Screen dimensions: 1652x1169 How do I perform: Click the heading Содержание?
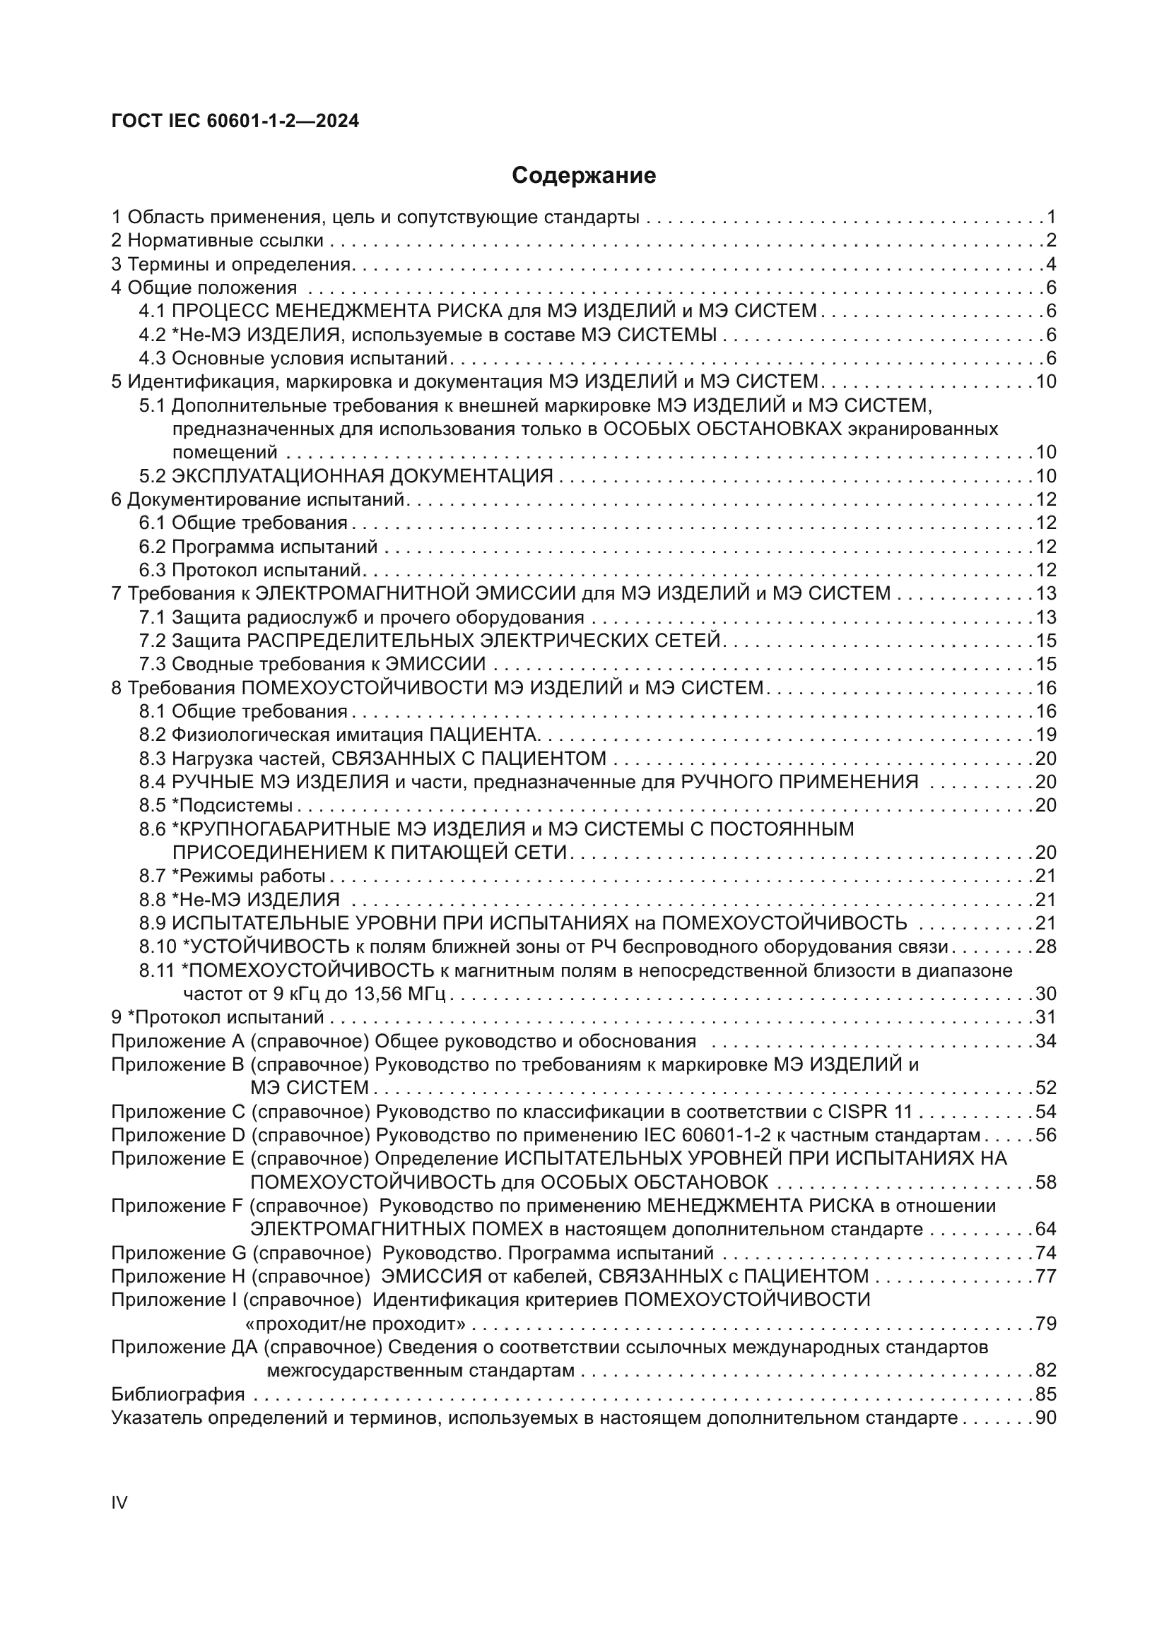[x=584, y=176]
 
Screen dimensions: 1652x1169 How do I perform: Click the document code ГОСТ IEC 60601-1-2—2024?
[x=235, y=121]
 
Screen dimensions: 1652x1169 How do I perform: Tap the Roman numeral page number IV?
[x=119, y=1502]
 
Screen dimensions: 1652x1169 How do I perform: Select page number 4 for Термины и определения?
[x=1051, y=264]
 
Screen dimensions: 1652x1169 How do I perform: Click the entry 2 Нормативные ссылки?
[x=218, y=240]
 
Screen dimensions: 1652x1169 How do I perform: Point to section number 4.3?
[x=153, y=358]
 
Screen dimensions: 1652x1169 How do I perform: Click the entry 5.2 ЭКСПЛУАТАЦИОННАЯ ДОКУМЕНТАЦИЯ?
[x=346, y=476]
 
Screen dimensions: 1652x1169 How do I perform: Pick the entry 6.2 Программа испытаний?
[x=259, y=547]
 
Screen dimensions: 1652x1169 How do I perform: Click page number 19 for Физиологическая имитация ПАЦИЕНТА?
[x=1046, y=735]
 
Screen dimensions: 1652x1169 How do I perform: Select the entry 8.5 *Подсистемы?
[x=216, y=805]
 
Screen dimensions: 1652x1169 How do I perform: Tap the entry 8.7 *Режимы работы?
[x=233, y=876]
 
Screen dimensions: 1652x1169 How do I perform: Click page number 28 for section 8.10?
[x=1046, y=946]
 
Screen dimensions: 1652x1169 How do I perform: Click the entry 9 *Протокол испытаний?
[x=218, y=1017]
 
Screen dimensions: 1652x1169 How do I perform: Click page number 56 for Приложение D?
[x=1046, y=1135]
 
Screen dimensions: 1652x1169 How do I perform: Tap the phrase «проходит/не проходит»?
[x=356, y=1324]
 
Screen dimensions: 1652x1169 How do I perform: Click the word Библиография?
[x=178, y=1394]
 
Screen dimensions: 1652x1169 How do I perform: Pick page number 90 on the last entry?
[x=1046, y=1418]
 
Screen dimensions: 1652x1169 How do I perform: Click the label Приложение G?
[x=179, y=1253]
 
